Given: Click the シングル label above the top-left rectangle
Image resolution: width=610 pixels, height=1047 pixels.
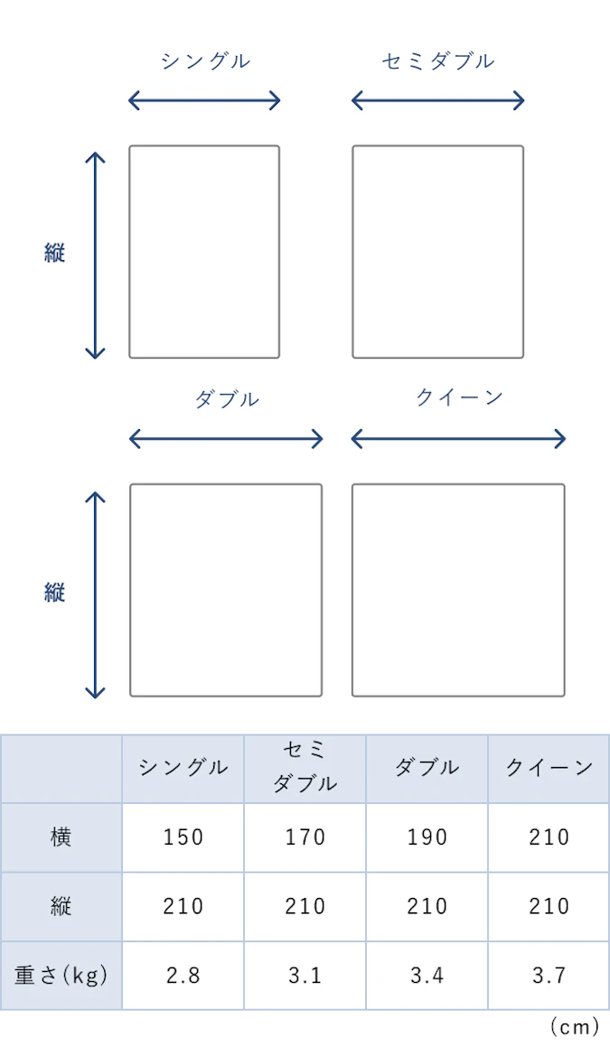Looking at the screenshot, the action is coord(205,61).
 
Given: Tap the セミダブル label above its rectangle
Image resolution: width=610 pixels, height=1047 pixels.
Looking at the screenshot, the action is coord(438,61).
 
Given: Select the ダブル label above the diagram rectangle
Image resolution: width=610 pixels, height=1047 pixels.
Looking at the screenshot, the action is coord(227,399).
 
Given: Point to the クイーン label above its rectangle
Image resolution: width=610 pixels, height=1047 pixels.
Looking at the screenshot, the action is coord(459,398).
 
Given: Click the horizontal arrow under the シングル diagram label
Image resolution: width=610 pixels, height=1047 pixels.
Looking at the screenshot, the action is coord(204,101).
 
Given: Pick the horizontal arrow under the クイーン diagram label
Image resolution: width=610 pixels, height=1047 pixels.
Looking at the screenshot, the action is coord(458,439).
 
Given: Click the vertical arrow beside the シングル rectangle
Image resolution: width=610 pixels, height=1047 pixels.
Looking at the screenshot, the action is coord(96,256).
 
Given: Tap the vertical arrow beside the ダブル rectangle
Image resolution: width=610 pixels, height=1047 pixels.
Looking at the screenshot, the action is coord(96,595).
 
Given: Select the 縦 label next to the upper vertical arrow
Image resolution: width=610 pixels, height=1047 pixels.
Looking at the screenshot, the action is coord(55,253).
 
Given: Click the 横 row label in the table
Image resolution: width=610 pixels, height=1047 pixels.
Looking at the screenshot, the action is coord(61,837).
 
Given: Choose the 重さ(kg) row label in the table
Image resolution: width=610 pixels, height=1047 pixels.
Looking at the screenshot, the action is coord(61,976).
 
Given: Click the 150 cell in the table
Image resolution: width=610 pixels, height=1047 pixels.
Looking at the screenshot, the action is coord(183,837).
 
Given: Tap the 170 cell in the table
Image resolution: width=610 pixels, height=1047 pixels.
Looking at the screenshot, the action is coord(305,837).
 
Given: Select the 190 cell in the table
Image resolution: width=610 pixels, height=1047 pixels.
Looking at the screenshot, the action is coord(427,837).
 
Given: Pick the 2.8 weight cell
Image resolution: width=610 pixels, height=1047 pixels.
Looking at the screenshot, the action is coord(183,976).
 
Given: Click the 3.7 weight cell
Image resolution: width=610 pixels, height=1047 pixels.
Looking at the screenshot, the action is coord(549,976).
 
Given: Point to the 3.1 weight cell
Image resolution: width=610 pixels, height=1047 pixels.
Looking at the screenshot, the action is coord(305,976).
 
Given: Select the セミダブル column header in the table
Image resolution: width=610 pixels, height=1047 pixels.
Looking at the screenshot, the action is coord(305,767).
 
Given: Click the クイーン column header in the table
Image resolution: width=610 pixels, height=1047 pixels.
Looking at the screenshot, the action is coord(549,768).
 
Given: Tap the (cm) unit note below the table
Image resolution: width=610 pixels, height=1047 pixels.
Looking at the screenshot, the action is coord(575,1027).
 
